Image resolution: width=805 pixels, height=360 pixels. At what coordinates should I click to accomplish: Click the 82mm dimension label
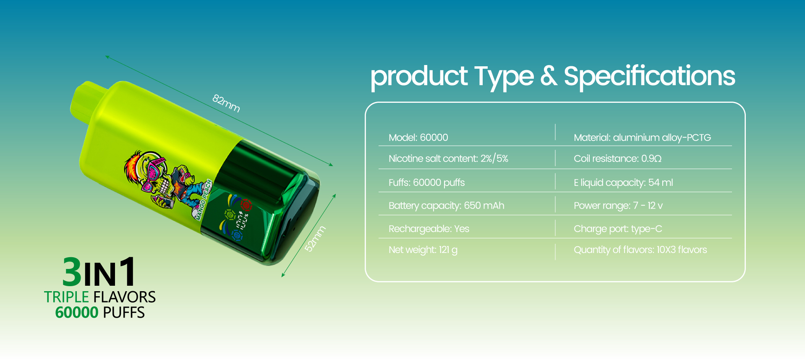tap(226, 103)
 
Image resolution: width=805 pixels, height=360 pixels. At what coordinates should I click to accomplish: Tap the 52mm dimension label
tap(315, 239)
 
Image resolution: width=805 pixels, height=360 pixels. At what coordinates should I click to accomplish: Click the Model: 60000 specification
tap(418, 138)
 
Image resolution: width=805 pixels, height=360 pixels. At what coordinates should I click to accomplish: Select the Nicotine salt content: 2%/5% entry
tap(448, 159)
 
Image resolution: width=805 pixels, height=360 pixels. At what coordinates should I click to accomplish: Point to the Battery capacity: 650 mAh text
tap(447, 206)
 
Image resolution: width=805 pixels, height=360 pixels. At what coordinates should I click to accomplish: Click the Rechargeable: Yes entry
tap(429, 229)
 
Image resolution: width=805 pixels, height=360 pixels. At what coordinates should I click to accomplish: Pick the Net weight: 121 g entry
tap(423, 250)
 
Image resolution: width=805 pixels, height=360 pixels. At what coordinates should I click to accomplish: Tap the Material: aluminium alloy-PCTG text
tap(642, 138)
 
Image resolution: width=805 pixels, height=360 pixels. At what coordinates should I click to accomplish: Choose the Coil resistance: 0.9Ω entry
tap(617, 159)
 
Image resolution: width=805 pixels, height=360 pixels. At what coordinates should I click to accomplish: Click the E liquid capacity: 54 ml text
tap(623, 183)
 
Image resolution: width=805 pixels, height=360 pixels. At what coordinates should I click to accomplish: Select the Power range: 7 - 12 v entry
tap(618, 206)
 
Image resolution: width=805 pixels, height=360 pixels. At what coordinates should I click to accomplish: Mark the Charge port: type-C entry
tap(618, 229)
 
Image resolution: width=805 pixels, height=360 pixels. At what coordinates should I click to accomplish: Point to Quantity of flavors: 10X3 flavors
tap(640, 250)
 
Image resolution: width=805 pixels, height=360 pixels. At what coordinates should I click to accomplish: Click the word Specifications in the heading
tap(649, 76)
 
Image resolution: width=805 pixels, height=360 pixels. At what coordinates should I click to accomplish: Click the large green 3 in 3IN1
tap(72, 271)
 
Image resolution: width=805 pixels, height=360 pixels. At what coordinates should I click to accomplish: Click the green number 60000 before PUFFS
tap(77, 313)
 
